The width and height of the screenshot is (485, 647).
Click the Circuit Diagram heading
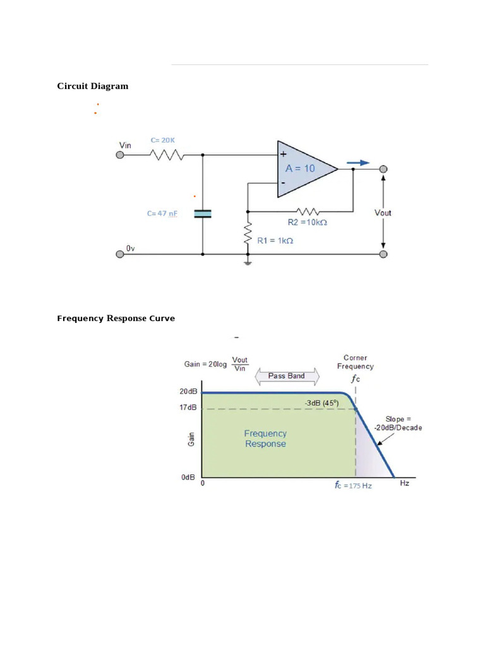[x=92, y=86]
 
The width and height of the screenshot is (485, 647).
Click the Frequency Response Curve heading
[x=116, y=318]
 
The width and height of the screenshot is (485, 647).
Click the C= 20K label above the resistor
[x=162, y=140]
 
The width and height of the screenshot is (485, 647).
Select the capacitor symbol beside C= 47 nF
[x=202, y=214]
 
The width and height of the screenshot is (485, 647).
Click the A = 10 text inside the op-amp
[x=300, y=169]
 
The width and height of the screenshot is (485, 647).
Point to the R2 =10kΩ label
[x=308, y=222]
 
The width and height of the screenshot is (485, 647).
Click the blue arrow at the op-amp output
[x=357, y=162]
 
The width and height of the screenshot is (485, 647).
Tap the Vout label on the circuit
[x=383, y=213]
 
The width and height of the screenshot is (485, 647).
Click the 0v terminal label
[x=130, y=249]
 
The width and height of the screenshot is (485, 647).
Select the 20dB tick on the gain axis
[x=189, y=392]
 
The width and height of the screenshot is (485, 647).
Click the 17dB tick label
[x=189, y=408]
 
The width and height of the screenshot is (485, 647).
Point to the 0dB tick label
[x=188, y=478]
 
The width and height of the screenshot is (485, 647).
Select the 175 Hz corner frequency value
[x=358, y=486]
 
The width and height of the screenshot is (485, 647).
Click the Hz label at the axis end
[x=405, y=483]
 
